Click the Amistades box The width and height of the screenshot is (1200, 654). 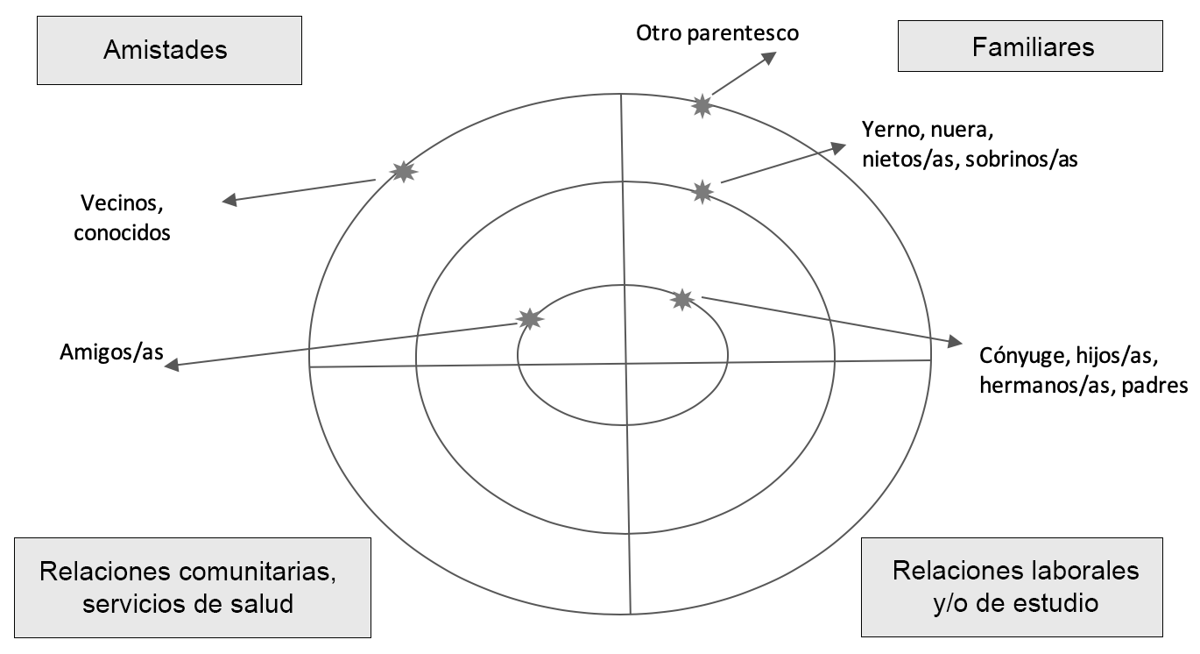tap(165, 50)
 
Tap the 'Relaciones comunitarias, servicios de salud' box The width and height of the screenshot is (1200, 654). tap(187, 587)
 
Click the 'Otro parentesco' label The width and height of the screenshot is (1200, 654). tap(717, 33)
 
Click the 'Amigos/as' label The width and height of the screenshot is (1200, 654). tap(112, 352)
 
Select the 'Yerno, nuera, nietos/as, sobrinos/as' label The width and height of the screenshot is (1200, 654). tap(969, 146)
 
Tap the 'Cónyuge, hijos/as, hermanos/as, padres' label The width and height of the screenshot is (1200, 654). tap(1083, 372)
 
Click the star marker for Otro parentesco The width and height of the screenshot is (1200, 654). tap(702, 106)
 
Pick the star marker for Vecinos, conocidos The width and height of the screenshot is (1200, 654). tap(403, 171)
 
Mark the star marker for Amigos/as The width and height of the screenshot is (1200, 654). tap(529, 319)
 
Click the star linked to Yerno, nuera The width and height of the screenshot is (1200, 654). tap(702, 191)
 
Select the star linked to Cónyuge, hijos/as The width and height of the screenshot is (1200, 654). tap(681, 300)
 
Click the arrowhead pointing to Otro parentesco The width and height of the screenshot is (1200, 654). tap(768, 57)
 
